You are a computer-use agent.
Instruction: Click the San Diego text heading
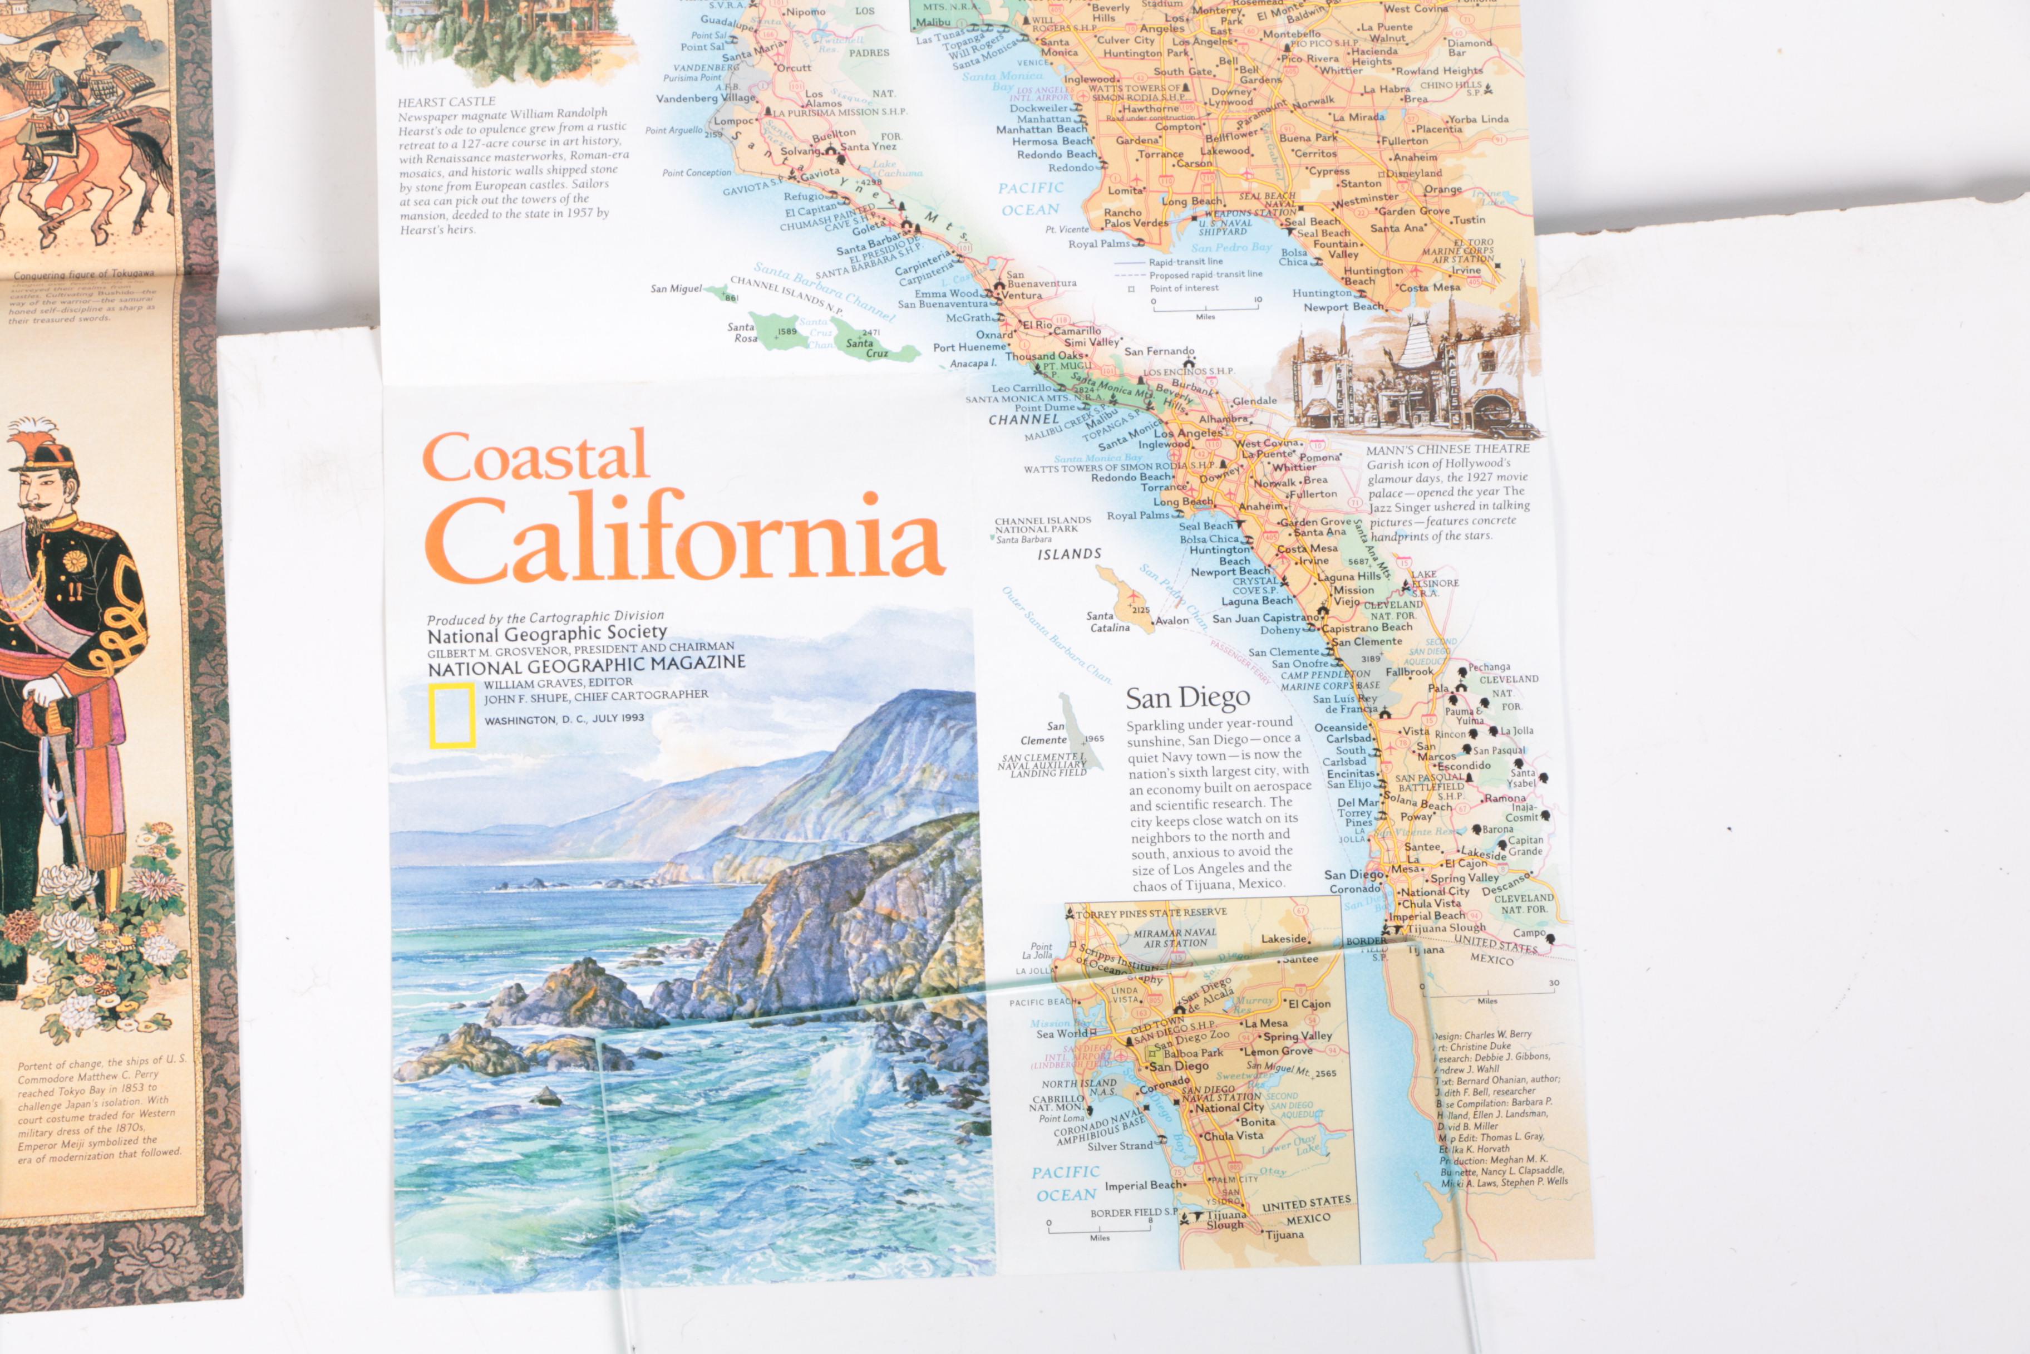[x=1187, y=698]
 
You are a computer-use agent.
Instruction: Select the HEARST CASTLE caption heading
[x=446, y=102]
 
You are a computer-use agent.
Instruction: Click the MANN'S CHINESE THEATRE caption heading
[x=1447, y=449]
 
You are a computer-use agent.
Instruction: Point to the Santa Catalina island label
[x=1108, y=622]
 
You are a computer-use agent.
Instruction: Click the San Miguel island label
[x=676, y=288]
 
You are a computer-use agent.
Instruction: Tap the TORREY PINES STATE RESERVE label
[x=1150, y=913]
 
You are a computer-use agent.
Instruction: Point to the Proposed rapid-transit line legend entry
[x=1205, y=274]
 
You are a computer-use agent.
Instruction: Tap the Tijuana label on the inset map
[x=1284, y=1235]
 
